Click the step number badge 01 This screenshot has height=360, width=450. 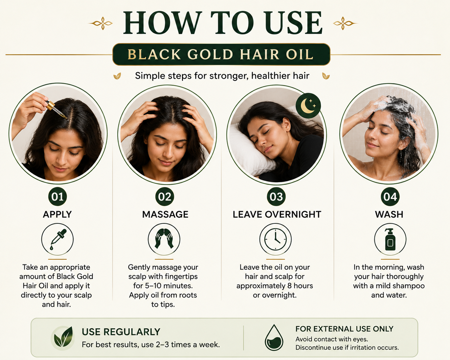click(x=57, y=196)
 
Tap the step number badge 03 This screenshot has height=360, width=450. click(x=276, y=196)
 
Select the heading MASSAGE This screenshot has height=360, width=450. click(x=165, y=215)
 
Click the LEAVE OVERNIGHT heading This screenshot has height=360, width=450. click(x=277, y=215)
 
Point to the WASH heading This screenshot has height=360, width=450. click(x=389, y=215)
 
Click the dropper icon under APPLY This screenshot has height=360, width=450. click(x=57, y=239)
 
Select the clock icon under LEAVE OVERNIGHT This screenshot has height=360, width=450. click(x=275, y=239)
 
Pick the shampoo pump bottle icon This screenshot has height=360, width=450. click(x=390, y=239)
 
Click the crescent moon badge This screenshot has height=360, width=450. click(x=308, y=106)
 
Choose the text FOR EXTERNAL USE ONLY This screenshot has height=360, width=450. click(x=344, y=329)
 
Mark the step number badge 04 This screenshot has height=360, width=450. click(x=390, y=196)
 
